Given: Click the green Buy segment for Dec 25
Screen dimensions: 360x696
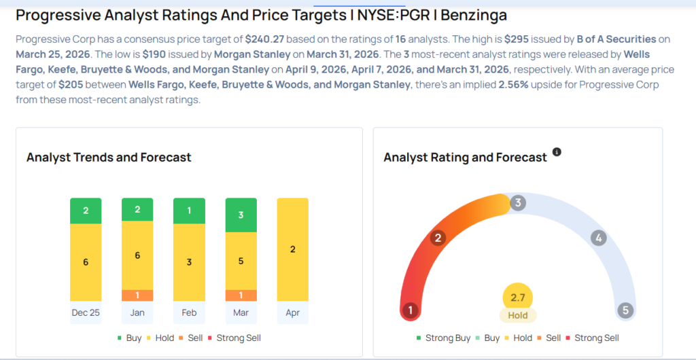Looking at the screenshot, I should click(x=86, y=211).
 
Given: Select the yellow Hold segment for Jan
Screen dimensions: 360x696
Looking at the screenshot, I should click(x=137, y=255).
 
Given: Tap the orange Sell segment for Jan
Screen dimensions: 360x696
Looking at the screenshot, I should click(x=137, y=295).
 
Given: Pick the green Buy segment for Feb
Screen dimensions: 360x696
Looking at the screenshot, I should click(x=189, y=211).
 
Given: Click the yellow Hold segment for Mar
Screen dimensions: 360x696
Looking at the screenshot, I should click(x=241, y=261).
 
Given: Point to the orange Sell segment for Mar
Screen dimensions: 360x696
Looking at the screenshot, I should click(x=241, y=295).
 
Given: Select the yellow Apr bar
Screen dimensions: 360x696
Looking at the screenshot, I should click(x=292, y=249).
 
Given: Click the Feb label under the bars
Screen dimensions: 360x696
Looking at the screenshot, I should click(x=189, y=312).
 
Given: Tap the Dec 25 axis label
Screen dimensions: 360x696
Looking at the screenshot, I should click(x=86, y=312).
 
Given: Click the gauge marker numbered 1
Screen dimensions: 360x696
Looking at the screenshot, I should click(x=409, y=310).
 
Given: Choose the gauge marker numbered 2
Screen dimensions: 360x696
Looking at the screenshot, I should click(x=438, y=238).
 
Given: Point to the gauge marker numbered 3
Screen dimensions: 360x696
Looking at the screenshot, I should click(x=517, y=202).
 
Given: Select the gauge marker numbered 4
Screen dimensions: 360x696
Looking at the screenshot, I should click(x=598, y=238).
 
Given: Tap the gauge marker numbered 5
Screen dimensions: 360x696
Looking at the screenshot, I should click(x=626, y=310).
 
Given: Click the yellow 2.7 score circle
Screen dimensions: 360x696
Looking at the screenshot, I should click(x=518, y=298).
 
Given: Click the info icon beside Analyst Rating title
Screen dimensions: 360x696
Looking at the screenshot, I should click(x=557, y=152).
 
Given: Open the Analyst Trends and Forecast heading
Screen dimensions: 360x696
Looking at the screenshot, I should click(x=109, y=157).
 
